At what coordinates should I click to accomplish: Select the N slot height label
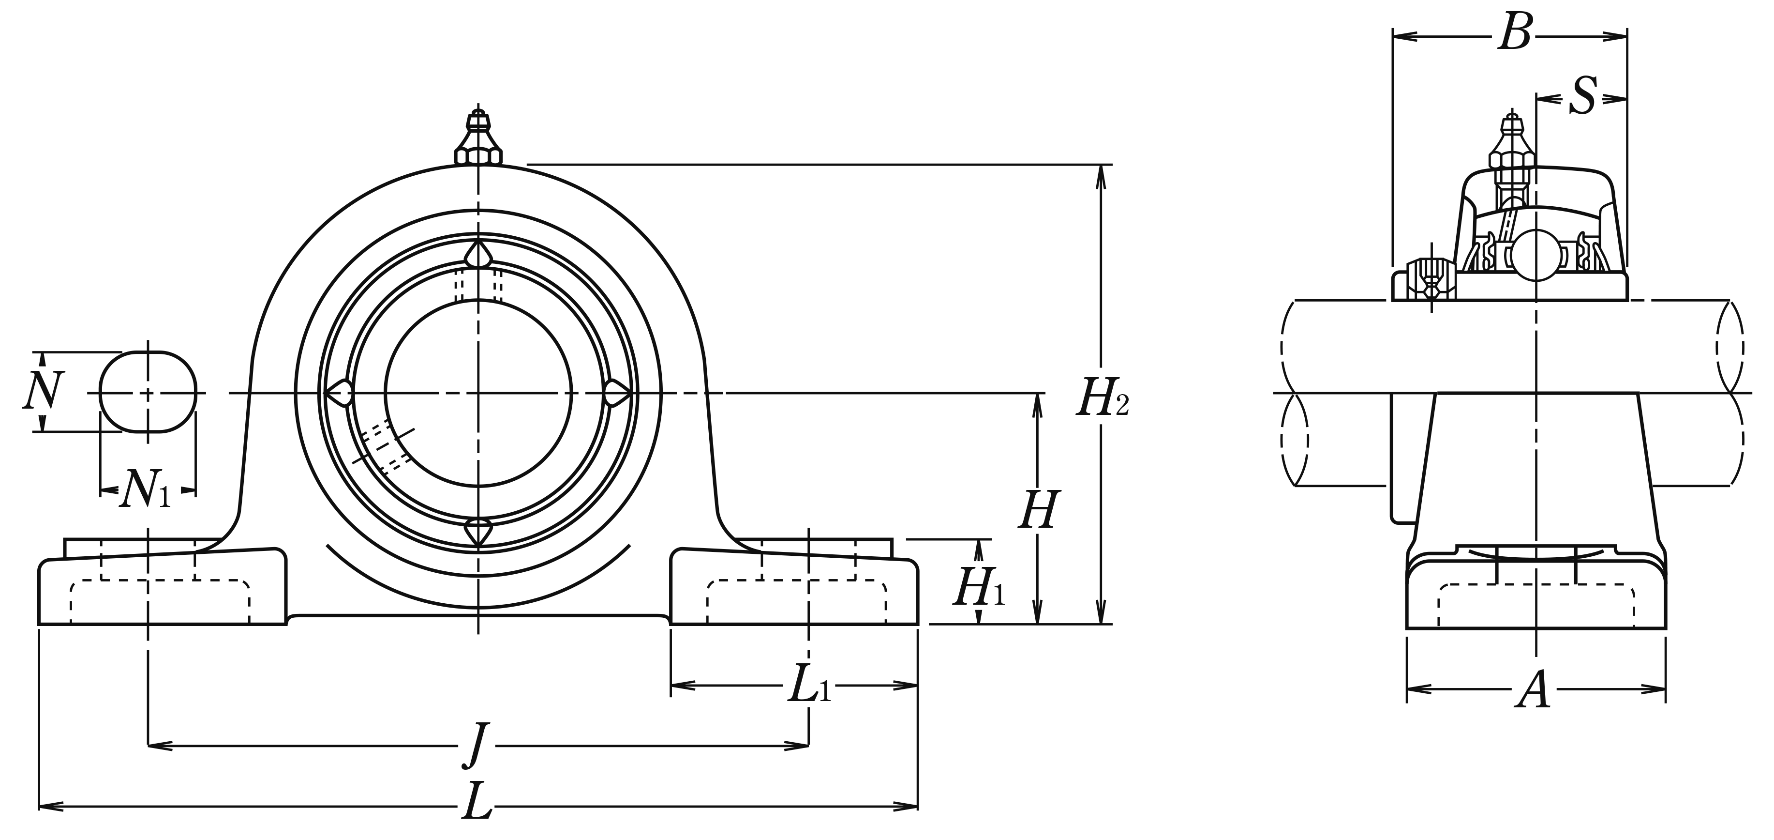tap(44, 391)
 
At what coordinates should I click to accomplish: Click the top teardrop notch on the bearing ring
tap(478, 255)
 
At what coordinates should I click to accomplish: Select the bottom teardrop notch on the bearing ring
tap(478, 533)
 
